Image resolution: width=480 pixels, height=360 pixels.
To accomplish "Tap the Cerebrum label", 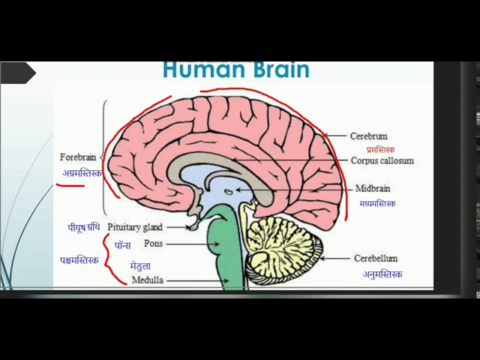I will [x=368, y=136].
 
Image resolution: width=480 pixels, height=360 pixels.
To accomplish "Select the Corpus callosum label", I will [x=382, y=160].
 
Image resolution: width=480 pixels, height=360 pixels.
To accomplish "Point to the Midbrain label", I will [x=373, y=189].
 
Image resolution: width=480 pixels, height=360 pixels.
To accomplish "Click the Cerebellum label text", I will [x=376, y=259].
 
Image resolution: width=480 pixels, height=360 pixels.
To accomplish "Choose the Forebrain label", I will [x=78, y=157].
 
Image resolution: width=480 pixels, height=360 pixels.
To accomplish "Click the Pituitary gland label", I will [x=135, y=226].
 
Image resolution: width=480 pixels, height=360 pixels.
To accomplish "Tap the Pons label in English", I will [x=153, y=244].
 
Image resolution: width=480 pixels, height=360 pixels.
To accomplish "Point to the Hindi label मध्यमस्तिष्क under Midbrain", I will [x=377, y=203].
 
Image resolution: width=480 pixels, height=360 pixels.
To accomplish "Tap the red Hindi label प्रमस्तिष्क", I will [x=375, y=149].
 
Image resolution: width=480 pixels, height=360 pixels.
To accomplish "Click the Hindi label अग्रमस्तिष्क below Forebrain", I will [x=82, y=173].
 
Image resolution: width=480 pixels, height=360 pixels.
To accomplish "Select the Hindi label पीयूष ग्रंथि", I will [x=83, y=226].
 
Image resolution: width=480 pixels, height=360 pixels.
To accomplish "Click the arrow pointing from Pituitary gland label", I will [x=177, y=226].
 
